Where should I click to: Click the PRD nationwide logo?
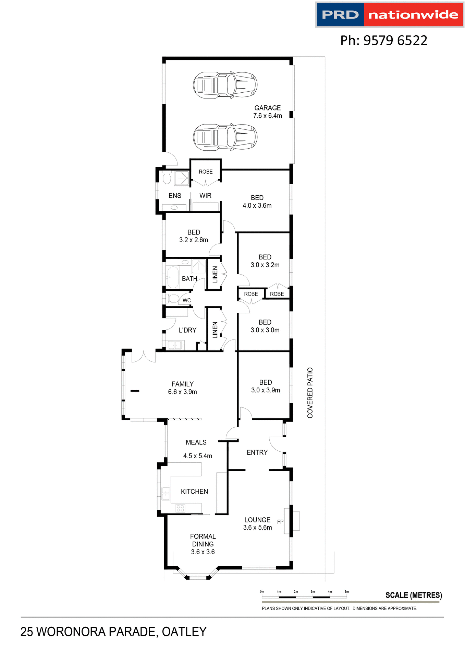(390, 15)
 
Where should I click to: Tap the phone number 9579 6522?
(383, 41)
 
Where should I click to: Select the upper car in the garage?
(225, 85)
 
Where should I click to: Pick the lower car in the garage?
(225, 137)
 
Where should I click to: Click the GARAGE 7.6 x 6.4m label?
(268, 112)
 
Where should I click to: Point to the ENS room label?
(175, 196)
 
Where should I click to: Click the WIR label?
(205, 196)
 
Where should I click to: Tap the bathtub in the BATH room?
(173, 277)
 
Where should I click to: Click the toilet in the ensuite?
(167, 178)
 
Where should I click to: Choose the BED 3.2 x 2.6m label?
(194, 236)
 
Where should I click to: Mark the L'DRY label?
(187, 330)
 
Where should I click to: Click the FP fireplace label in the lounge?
(280, 522)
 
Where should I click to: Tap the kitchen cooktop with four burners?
(180, 508)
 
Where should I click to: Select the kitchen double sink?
(166, 493)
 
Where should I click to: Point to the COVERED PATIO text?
(310, 393)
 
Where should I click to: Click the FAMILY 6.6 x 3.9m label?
(182, 388)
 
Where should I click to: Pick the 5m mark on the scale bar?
(347, 592)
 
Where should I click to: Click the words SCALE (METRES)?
(414, 595)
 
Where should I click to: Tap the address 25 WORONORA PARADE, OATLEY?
(113, 632)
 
